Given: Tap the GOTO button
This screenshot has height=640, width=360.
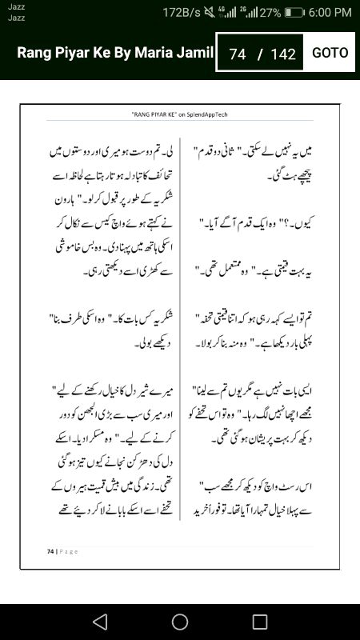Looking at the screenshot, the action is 330,53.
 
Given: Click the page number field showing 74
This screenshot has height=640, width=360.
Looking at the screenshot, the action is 237,54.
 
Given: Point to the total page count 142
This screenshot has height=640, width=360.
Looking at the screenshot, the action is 283,54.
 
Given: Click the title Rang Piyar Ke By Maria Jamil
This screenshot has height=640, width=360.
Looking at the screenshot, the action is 115,54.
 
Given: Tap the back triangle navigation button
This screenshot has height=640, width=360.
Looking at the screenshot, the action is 100,622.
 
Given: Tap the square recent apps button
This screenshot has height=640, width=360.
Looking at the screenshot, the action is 259,622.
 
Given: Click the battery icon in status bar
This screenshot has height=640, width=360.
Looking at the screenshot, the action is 295,13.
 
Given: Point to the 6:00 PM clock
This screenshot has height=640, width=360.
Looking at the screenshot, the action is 330,13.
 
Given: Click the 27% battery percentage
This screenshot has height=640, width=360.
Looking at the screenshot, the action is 270,13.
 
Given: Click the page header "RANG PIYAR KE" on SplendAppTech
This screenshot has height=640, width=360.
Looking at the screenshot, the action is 180,114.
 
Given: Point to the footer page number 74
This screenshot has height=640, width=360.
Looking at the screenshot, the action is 50,551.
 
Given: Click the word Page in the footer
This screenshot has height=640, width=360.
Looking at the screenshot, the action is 67,551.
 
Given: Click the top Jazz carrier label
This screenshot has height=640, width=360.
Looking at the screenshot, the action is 15,7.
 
